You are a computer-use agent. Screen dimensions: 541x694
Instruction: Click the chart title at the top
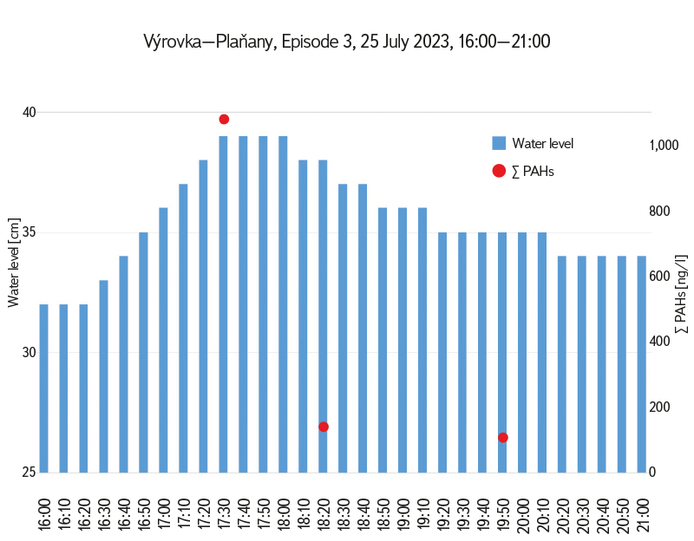[347, 42]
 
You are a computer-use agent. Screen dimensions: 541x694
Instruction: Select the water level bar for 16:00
[43, 388]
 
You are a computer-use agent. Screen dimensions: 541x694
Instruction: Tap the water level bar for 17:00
[163, 340]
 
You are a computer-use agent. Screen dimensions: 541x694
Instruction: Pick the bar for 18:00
[283, 304]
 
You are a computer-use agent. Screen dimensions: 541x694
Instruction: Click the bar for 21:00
[642, 364]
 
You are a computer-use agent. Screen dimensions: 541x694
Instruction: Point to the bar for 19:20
[442, 352]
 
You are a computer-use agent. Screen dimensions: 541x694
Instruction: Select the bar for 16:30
[103, 376]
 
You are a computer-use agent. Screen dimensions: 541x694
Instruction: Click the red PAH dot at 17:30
[224, 119]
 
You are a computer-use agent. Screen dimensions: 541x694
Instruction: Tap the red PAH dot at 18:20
[324, 427]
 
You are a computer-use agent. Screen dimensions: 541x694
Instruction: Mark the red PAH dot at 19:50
[503, 437]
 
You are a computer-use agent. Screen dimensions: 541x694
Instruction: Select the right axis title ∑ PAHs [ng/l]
[681, 295]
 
